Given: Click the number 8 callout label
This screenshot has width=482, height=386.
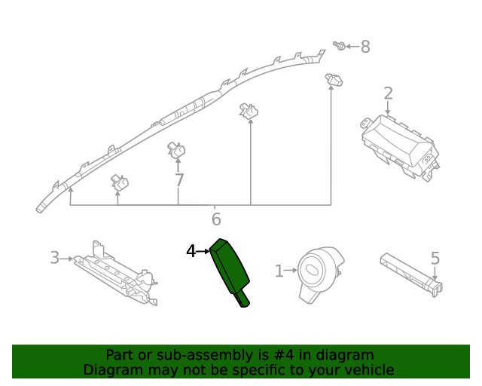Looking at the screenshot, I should click(365, 47).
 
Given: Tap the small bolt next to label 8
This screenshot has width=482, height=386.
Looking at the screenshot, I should click(340, 47).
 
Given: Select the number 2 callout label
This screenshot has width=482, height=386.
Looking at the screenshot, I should click(388, 93).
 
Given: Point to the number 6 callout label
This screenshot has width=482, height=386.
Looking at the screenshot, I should click(216, 219).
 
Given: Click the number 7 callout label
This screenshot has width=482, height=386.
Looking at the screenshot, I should click(178, 181).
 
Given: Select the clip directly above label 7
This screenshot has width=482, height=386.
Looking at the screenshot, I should click(176, 151).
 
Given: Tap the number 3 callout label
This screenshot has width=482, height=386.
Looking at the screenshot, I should click(54, 258).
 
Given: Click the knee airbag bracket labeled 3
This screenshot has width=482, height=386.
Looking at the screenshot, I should click(117, 275).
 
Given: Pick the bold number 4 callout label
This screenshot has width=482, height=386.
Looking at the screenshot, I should click(191, 251).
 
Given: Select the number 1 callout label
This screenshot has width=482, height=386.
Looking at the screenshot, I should click(279, 271).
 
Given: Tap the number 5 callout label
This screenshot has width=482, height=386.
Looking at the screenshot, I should click(435, 259).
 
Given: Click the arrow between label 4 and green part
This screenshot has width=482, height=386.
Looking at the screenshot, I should click(205, 251).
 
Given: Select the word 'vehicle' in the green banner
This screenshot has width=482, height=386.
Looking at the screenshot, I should click(367, 369).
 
